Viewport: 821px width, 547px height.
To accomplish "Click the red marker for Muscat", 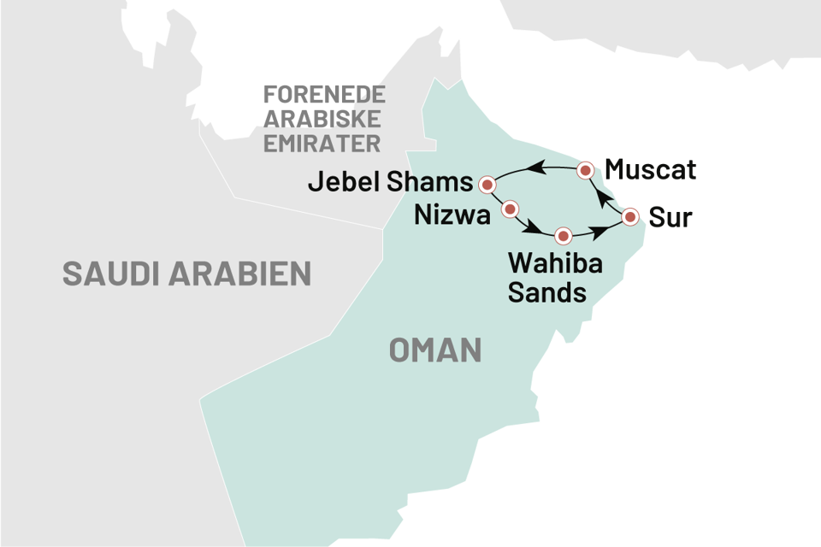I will click(x=586, y=170).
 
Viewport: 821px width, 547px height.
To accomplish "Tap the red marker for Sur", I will click(x=630, y=216).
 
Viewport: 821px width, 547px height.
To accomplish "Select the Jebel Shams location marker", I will click(x=487, y=184).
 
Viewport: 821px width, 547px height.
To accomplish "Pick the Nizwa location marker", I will click(x=511, y=208).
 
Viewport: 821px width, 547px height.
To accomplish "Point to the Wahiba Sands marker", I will click(x=563, y=235).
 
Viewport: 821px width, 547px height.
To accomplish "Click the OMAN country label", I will click(x=435, y=350).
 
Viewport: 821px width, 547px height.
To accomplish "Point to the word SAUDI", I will click(x=113, y=273).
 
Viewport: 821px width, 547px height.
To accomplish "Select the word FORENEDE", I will click(x=324, y=94).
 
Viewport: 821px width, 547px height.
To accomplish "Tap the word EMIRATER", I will click(x=322, y=143).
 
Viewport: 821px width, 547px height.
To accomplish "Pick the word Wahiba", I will click(x=555, y=265).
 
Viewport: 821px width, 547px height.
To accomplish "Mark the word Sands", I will click(x=547, y=293).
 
